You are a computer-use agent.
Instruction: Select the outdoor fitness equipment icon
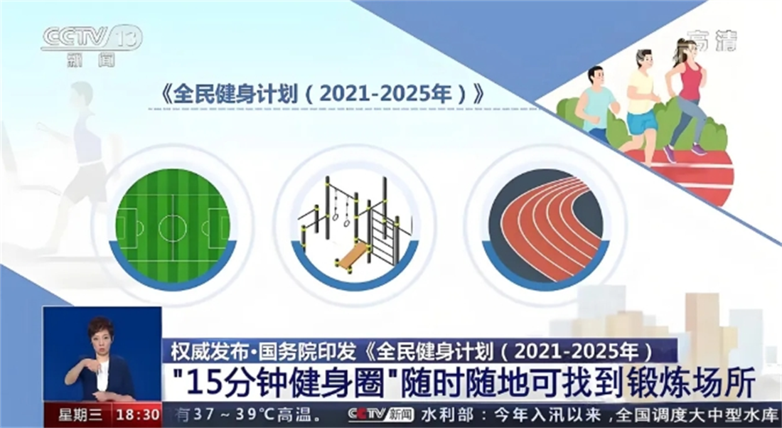click(x=353, y=223)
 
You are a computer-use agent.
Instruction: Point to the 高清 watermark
click(x=712, y=41)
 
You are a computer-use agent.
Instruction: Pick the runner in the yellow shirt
click(x=641, y=100)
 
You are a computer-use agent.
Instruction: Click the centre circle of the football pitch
click(x=173, y=228)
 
